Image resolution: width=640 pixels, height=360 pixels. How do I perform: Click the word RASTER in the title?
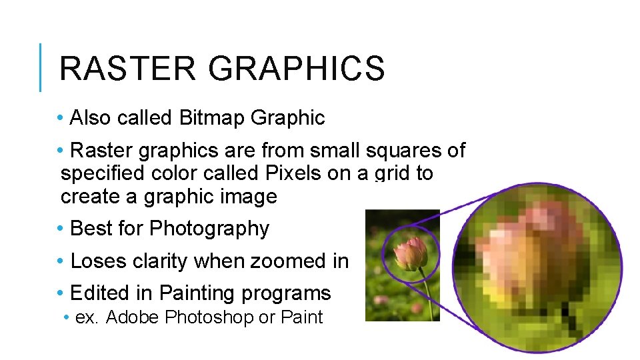[x=127, y=69]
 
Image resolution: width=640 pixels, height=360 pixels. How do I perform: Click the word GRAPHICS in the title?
[x=297, y=69]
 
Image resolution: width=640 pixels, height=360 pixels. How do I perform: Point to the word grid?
[x=393, y=174]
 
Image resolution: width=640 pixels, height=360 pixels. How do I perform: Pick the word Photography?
[x=209, y=229]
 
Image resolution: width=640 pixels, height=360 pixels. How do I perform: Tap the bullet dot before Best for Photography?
[x=61, y=229]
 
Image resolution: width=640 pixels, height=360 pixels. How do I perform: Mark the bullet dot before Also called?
[x=61, y=118]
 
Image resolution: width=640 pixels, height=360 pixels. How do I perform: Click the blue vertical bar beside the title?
[x=41, y=67]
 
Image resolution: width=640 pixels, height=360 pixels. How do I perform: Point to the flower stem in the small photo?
[x=425, y=293]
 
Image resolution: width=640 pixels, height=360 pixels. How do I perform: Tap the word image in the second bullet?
[x=251, y=197]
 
